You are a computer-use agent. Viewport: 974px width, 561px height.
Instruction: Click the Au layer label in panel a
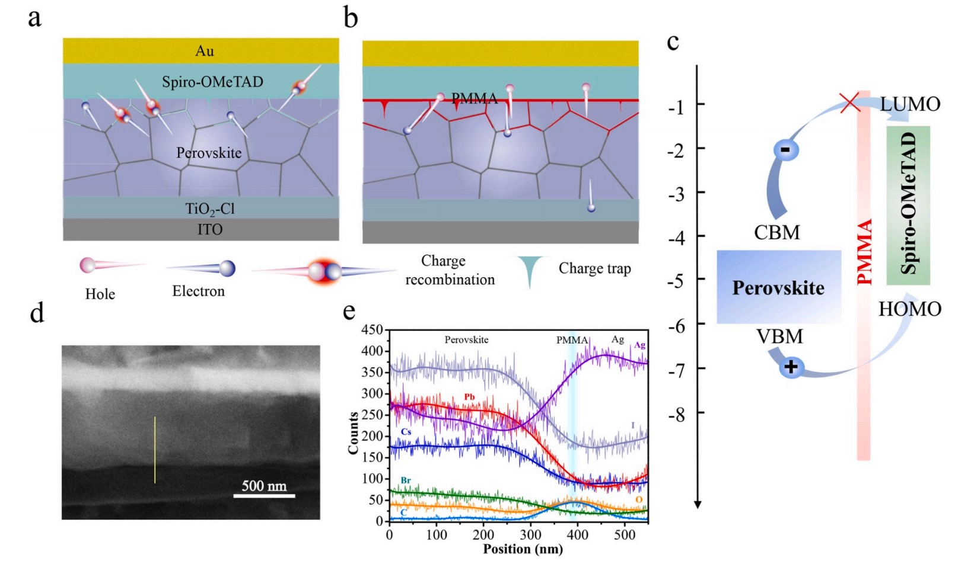pyautogui.click(x=205, y=51)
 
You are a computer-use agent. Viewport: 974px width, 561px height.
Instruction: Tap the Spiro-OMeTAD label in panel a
pyautogui.click(x=212, y=82)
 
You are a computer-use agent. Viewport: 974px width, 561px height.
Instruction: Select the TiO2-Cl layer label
pyautogui.click(x=210, y=209)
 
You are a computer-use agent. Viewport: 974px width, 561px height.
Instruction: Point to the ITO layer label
pyautogui.click(x=210, y=229)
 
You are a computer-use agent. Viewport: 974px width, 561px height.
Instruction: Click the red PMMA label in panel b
pyautogui.click(x=475, y=98)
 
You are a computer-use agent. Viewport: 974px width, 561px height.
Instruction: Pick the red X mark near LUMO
pyautogui.click(x=850, y=102)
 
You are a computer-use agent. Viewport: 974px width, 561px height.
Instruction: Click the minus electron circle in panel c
pyautogui.click(x=785, y=150)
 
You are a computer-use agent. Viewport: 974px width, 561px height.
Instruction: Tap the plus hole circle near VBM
pyautogui.click(x=791, y=367)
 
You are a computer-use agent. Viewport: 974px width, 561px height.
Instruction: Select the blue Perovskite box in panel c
pyautogui.click(x=778, y=287)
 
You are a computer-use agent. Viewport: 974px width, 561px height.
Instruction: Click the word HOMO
pyautogui.click(x=909, y=309)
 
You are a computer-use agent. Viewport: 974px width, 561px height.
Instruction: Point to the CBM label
pyautogui.click(x=777, y=233)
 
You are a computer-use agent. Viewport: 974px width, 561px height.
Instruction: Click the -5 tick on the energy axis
pyautogui.click(x=676, y=280)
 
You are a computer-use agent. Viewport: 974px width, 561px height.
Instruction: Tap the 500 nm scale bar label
pyautogui.click(x=264, y=486)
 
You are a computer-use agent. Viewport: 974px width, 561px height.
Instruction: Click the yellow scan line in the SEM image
pyautogui.click(x=155, y=450)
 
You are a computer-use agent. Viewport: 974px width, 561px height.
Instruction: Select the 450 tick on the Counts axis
pyautogui.click(x=373, y=330)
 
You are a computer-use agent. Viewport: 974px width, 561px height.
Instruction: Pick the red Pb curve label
pyautogui.click(x=469, y=396)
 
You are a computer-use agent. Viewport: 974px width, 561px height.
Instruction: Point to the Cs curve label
pyautogui.click(x=406, y=432)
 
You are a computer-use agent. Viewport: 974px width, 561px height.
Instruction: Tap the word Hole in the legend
pyautogui.click(x=100, y=294)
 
